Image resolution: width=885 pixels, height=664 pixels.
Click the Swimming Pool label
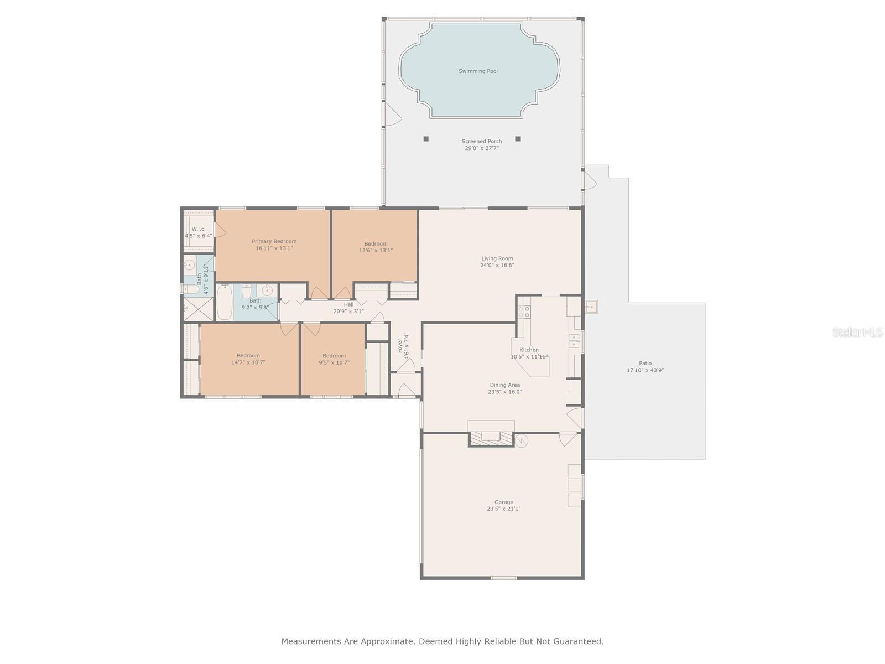point(478,71)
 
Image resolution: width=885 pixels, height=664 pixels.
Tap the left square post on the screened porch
point(426,139)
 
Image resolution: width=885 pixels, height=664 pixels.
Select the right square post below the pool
point(518,139)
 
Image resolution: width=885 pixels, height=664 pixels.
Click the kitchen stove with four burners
point(524,312)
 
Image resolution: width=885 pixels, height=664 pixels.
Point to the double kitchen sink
point(574,340)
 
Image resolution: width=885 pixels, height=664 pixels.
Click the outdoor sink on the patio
point(590,307)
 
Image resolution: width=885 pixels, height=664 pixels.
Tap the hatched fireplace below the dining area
point(491,437)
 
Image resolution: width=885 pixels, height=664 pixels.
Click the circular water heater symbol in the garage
point(522,440)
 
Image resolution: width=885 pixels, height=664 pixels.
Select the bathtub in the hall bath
point(224,303)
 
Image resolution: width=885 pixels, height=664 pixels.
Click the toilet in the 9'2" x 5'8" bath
point(247,290)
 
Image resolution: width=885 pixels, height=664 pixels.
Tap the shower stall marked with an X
point(198,309)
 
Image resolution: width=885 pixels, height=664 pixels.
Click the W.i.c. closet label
point(199,229)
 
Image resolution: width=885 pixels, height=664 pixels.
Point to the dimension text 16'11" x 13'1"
point(274,248)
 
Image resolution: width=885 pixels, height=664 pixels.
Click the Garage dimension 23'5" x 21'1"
point(503,509)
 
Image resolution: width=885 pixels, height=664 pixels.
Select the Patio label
point(645,364)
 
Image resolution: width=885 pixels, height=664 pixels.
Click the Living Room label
point(497,258)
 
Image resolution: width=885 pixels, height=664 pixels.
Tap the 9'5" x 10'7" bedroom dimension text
point(334,363)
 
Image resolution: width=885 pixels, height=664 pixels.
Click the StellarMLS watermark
point(857,333)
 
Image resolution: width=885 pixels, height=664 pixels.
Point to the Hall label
point(348,304)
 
